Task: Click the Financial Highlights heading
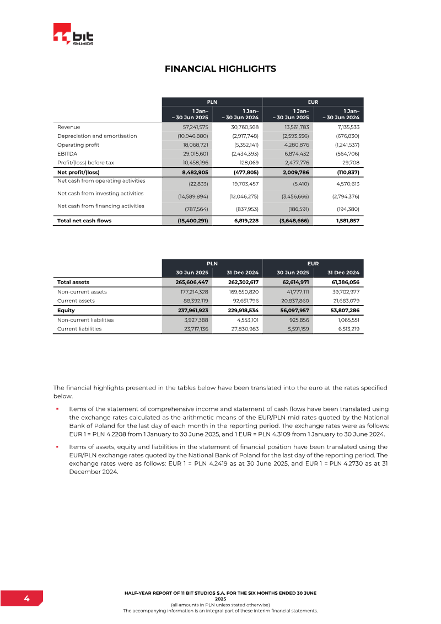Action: (220, 69)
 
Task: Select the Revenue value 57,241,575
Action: (192, 127)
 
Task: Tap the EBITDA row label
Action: (68, 153)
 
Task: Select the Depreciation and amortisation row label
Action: (97, 136)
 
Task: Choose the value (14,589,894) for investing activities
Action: (192, 196)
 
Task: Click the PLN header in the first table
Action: (212, 102)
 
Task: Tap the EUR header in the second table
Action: (313, 264)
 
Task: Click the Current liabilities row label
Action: (79, 329)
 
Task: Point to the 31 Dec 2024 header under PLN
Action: (243, 273)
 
